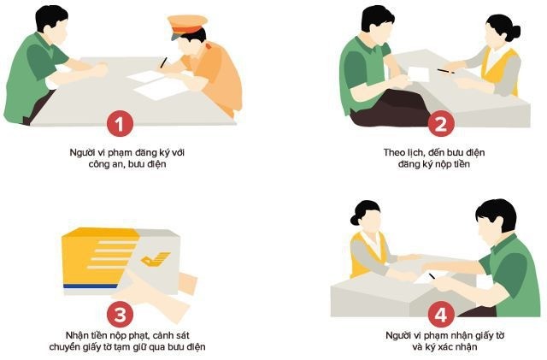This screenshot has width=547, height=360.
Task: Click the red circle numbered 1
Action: (x=121, y=125)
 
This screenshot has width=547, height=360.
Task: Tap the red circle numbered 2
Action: (x=440, y=125)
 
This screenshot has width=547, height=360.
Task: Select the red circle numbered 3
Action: (x=121, y=311)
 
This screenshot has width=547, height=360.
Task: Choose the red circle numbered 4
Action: (x=440, y=314)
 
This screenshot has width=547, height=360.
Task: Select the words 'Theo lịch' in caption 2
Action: (x=400, y=152)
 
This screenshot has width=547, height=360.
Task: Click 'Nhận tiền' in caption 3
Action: (x=85, y=335)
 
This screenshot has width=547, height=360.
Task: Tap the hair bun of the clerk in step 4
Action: (x=355, y=208)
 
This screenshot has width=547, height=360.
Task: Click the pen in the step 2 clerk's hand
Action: (x=444, y=71)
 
